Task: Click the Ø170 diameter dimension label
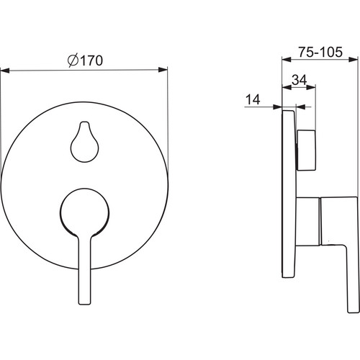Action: [x=85, y=60]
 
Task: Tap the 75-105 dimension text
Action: [x=320, y=52]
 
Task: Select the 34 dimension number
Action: [x=300, y=80]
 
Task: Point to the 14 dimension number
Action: [x=253, y=99]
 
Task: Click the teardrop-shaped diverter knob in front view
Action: [x=84, y=142]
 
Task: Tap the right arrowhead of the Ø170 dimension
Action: [x=163, y=70]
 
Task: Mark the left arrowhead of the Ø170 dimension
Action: [x=5, y=71]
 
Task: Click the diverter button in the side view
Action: [x=306, y=150]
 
